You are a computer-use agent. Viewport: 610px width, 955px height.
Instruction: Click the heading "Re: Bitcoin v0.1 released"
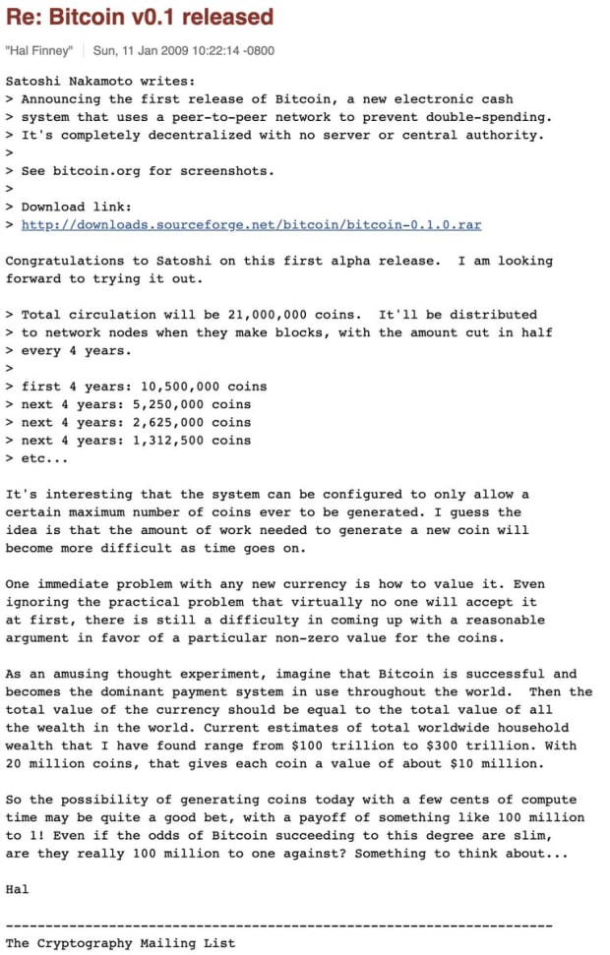pyautogui.click(x=139, y=18)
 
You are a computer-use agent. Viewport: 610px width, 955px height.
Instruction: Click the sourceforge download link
pyautogui.click(x=251, y=224)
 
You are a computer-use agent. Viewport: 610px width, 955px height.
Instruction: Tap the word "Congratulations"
pyautogui.click(x=63, y=261)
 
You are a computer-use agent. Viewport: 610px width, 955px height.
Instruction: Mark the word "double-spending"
pyautogui.click(x=492, y=117)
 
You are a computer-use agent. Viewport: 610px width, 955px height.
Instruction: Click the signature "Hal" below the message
pyautogui.click(x=17, y=889)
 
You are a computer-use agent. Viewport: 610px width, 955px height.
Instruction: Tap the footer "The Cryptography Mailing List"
pyautogui.click(x=120, y=943)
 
